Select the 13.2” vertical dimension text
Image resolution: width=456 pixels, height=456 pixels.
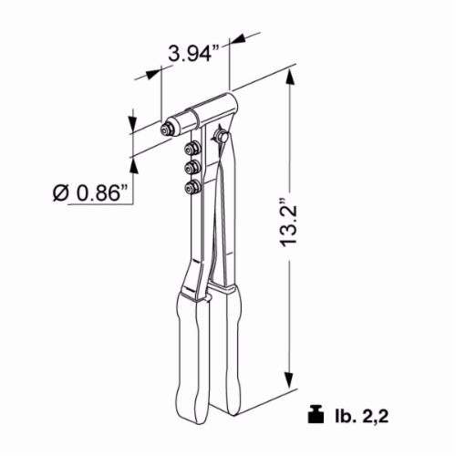[288, 223]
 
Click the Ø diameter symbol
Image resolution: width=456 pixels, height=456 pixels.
[60, 193]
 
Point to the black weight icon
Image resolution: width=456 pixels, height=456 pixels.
[316, 414]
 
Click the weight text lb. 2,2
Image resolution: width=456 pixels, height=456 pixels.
[359, 415]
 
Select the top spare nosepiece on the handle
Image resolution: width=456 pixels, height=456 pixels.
[192, 149]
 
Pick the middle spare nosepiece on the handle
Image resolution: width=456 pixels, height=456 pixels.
[192, 167]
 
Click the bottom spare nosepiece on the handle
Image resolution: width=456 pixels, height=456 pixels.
[192, 186]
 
